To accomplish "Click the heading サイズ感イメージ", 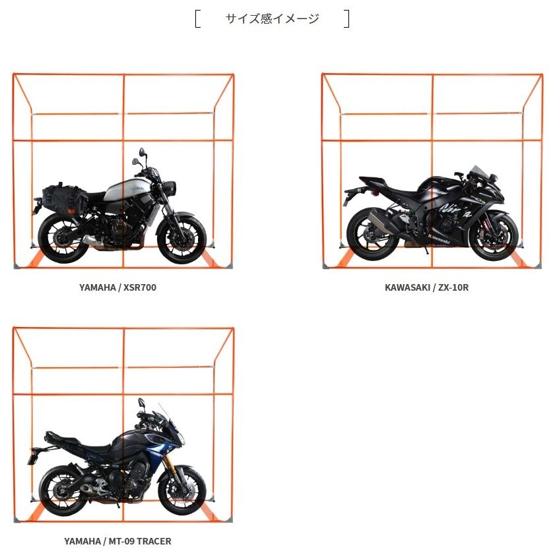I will (x=272, y=18).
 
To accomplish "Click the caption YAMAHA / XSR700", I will (x=117, y=287).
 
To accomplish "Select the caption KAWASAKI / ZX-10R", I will (x=426, y=287).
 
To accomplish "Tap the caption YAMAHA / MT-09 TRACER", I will (x=117, y=541).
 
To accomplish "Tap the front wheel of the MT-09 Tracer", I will (x=181, y=490).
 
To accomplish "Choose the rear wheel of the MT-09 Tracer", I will (x=63, y=490).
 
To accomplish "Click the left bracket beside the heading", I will (x=197, y=18).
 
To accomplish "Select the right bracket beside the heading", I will (x=346, y=18).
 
